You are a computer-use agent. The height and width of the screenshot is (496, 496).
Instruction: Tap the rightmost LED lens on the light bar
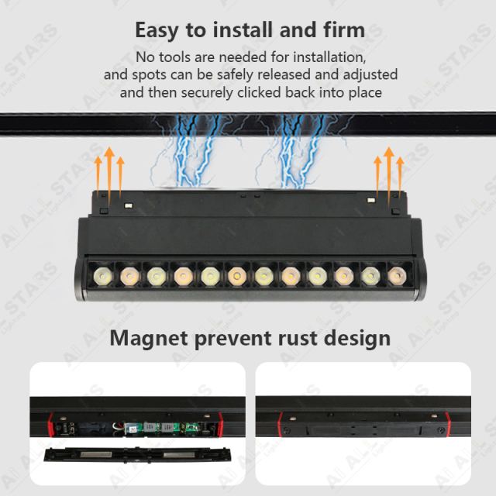(396, 274)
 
